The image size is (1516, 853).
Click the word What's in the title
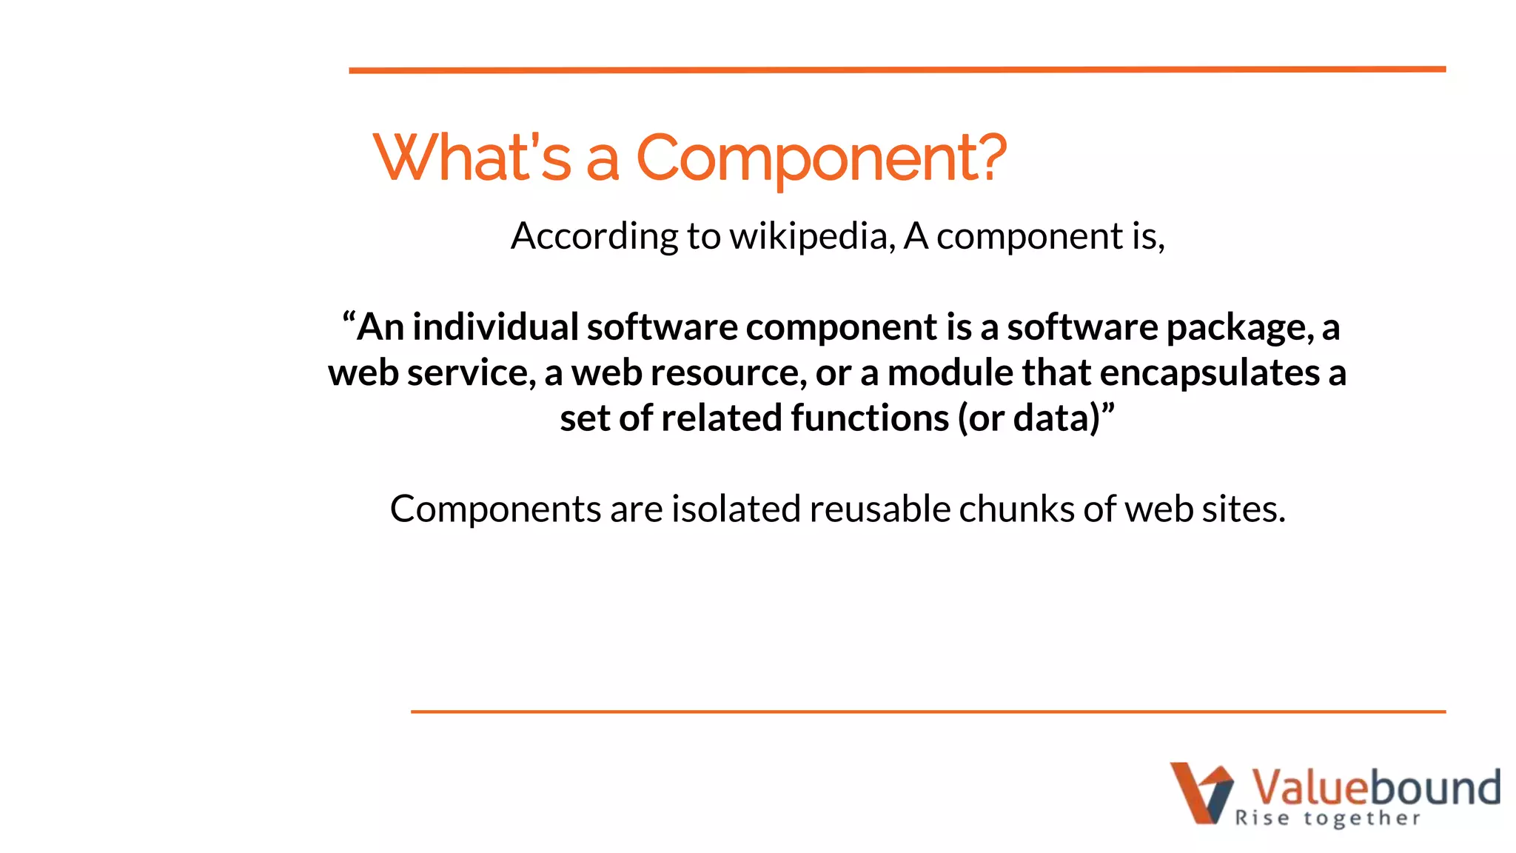pos(472,158)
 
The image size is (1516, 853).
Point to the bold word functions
pos(869,418)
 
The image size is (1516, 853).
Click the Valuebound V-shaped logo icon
pos(1201,792)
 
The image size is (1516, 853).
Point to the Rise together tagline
pos(1327,818)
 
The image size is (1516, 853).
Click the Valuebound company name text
pos(1375,787)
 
